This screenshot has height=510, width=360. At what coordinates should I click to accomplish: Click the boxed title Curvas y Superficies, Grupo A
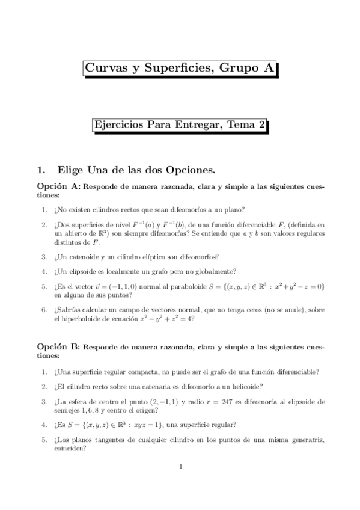pos(180,69)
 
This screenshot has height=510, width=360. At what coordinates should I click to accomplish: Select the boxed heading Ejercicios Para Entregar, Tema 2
pos(180,125)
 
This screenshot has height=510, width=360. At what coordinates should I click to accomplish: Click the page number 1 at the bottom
pos(180,466)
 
